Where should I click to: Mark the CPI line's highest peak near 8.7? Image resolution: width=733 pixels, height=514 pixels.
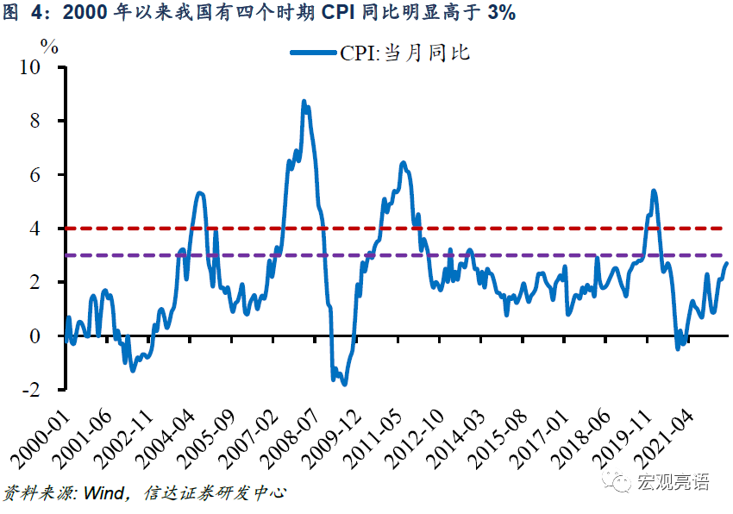pyautogui.click(x=304, y=102)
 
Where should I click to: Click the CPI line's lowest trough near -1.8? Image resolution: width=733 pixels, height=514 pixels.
pyautogui.click(x=345, y=384)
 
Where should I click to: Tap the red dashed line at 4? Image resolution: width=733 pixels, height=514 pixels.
pyautogui.click(x=517, y=229)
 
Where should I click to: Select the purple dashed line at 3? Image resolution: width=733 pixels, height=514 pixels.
pyautogui.click(x=517, y=255)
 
